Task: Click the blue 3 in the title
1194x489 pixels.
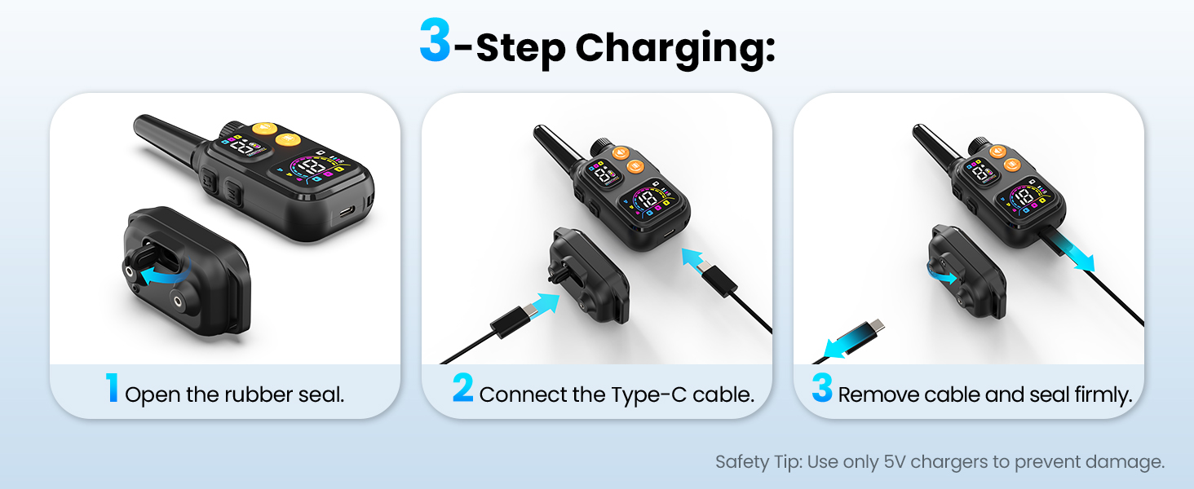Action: [x=435, y=40]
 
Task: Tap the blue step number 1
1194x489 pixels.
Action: [x=112, y=387]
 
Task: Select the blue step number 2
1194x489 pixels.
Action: [x=462, y=387]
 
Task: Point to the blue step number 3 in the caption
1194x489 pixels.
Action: [x=822, y=387]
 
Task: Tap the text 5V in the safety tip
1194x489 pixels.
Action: [x=895, y=461]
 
